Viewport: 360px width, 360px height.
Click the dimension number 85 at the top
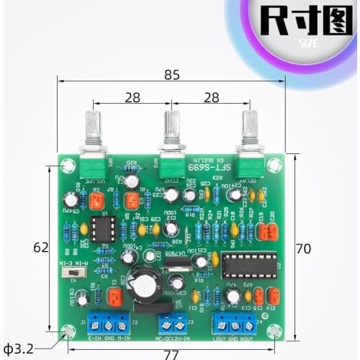click(x=171, y=73)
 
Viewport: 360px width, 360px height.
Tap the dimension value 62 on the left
click(x=40, y=247)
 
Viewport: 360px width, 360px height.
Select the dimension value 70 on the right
click(x=303, y=248)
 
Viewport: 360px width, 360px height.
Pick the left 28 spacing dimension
click(x=132, y=96)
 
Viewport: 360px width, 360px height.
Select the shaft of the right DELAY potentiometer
click(x=250, y=130)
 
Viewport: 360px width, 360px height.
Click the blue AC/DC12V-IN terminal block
click(x=172, y=323)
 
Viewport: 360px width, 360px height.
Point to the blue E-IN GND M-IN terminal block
click(x=104, y=322)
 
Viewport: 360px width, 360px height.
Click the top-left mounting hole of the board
click(x=68, y=166)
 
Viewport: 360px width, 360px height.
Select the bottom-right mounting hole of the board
click(x=274, y=330)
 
